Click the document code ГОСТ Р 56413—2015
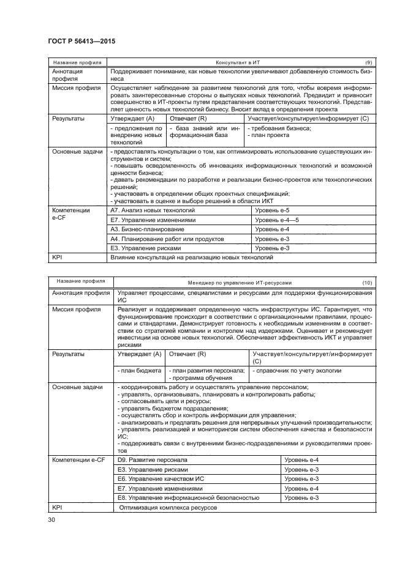[x=81, y=41]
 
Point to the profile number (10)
[x=367, y=283]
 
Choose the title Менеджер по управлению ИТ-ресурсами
[x=240, y=283]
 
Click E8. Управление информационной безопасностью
[x=178, y=499]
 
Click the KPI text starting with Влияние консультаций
[x=190, y=258]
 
